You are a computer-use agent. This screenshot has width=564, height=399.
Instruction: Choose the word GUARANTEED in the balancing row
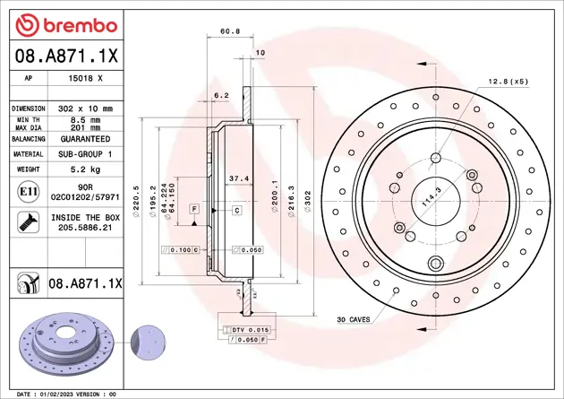(85, 139)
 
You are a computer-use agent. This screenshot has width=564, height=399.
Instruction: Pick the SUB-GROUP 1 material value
(85, 154)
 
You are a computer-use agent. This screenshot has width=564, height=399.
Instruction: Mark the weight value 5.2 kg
(85, 169)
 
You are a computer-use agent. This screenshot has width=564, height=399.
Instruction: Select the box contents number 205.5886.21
(85, 229)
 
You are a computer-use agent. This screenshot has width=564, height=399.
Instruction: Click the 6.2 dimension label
(221, 94)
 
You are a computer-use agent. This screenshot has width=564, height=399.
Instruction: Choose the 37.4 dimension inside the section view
(238, 178)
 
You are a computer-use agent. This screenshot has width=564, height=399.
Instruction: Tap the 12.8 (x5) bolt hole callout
(508, 82)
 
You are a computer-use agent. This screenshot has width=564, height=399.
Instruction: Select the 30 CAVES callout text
(355, 319)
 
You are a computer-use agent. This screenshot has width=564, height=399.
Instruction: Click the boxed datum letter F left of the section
(192, 209)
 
